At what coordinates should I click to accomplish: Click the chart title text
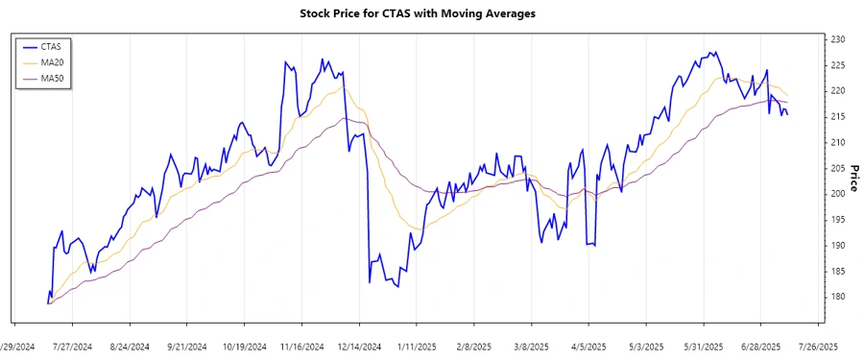coord(431,13)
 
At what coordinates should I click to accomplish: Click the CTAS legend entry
coord(52,46)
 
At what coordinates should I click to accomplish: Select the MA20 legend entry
coord(52,62)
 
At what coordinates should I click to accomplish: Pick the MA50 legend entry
coord(52,79)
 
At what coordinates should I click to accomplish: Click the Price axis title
coord(853,179)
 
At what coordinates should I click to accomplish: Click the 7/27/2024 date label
coord(72,347)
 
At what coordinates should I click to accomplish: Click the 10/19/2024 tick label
coord(244,347)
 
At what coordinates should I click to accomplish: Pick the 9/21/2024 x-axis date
coord(187,347)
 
